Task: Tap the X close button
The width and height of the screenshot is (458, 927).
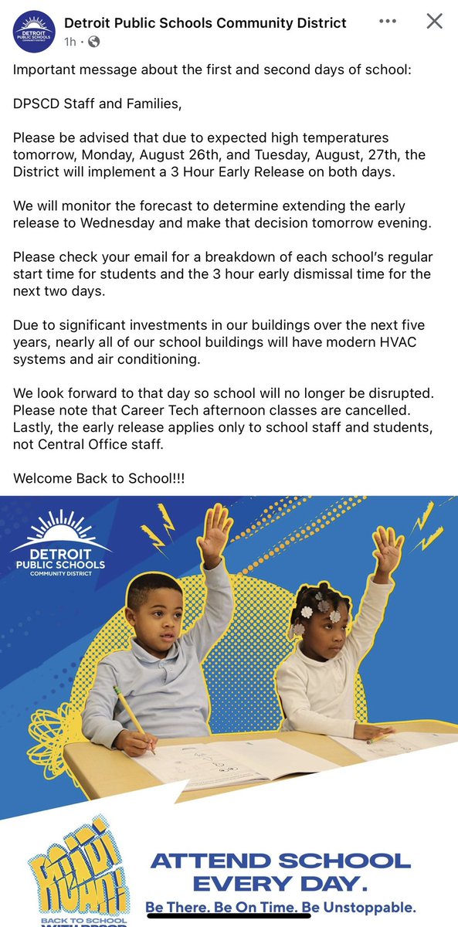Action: [435, 22]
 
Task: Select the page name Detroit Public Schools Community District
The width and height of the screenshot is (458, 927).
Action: [205, 23]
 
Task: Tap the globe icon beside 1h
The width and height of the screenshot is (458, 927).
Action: [93, 40]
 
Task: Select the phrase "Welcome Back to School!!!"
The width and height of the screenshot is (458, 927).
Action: [100, 477]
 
